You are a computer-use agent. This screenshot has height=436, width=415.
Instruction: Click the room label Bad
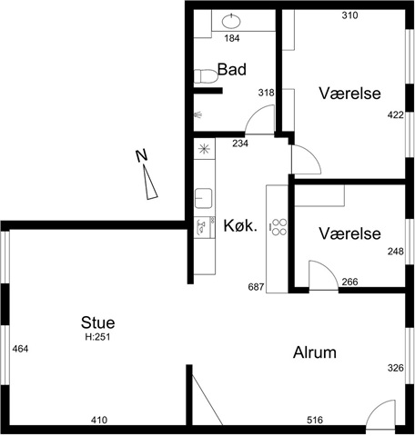tap(232, 69)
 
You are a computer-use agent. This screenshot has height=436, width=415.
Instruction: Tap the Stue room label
tap(97, 322)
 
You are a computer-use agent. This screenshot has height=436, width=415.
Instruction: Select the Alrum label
tap(315, 352)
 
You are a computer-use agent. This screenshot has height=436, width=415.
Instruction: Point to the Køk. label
tap(240, 225)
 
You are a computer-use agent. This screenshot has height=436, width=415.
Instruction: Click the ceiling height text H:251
tap(97, 337)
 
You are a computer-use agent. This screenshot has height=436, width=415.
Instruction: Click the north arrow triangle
tap(150, 183)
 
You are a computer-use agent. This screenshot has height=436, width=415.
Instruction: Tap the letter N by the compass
tap(141, 155)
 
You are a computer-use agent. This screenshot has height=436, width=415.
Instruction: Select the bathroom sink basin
tap(232, 21)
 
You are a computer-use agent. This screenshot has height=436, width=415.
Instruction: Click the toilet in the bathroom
tap(206, 76)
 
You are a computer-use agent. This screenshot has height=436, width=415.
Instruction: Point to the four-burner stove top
tap(279, 227)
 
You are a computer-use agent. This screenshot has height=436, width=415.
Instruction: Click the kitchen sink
tap(203, 198)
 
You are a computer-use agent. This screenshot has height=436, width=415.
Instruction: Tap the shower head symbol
tap(198, 114)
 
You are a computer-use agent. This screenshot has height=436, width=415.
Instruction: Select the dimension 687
tap(256, 287)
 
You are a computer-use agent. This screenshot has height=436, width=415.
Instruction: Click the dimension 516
tap(315, 420)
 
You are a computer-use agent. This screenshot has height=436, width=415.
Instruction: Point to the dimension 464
tap(20, 349)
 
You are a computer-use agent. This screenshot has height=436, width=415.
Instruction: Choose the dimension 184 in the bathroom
tap(232, 38)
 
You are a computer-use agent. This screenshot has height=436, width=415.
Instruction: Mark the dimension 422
tap(396, 115)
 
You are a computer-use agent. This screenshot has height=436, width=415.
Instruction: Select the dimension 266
tap(349, 282)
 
